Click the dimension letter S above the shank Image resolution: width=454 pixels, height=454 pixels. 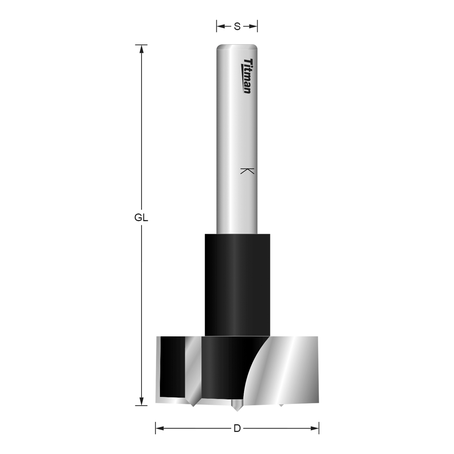[237, 26]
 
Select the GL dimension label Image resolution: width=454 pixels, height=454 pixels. [141, 218]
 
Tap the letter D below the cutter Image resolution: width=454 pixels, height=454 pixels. [237, 428]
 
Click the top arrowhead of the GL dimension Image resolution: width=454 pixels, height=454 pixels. [141, 49]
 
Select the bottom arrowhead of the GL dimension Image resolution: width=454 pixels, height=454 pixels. [141, 401]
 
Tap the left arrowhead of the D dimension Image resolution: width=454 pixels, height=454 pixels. [160, 428]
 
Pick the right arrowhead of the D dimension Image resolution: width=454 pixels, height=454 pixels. [314, 428]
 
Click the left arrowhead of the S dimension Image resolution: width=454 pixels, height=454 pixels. [221, 26]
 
